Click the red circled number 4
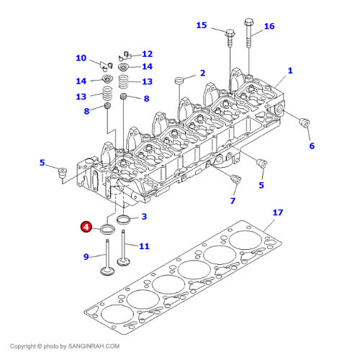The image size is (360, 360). [86, 227]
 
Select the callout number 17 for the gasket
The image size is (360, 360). [278, 212]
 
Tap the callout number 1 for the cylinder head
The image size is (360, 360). [290, 71]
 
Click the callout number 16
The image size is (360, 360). [269, 27]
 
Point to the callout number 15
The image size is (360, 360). [202, 25]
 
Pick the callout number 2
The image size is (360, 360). [203, 73]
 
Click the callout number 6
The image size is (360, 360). [312, 146]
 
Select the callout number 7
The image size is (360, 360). [233, 201]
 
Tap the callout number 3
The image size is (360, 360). [144, 217]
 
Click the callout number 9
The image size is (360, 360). [86, 257]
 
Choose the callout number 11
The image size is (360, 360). [144, 246]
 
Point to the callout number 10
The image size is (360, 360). [81, 58]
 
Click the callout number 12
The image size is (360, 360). [147, 54]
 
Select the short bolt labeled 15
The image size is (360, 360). [230, 39]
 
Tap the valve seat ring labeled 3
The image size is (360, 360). [123, 220]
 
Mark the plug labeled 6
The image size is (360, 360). [305, 122]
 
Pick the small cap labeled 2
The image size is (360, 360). [179, 80]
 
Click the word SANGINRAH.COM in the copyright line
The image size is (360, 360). [94, 346]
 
